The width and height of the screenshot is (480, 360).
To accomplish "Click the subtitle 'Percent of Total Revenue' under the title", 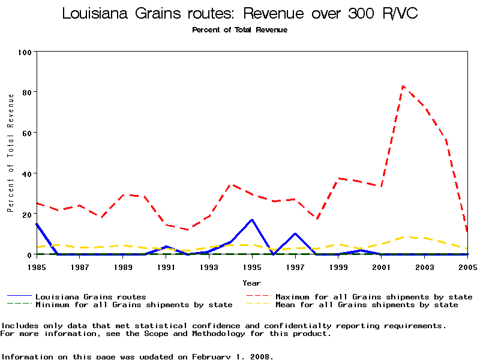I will (239, 30).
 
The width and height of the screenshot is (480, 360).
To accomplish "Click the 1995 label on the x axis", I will (252, 266).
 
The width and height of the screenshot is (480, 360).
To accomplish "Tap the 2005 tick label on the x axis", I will (467, 266).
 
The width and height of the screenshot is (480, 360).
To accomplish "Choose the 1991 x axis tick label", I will (166, 266).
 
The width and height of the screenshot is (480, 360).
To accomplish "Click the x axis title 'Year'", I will (251, 283).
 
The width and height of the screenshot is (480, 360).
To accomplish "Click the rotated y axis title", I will (10, 153).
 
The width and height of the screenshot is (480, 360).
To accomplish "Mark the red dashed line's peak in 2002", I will (403, 86).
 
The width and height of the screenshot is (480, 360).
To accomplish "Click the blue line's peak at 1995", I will (252, 220).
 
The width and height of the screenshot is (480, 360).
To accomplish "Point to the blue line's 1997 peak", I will (295, 234).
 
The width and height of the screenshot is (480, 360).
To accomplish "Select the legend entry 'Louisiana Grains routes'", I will (91, 296).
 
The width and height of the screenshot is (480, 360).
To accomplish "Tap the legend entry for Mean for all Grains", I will (367, 305).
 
